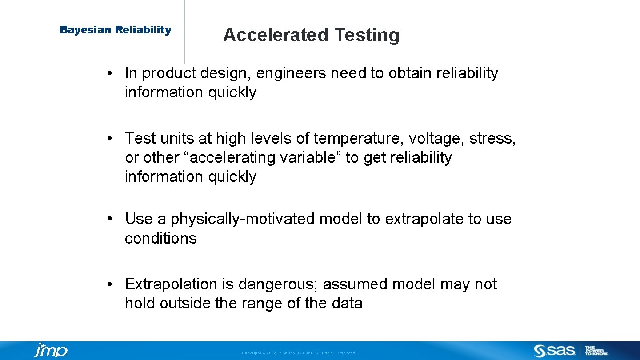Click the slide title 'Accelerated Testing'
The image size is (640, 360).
[311, 35]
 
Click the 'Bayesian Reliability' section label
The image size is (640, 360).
[116, 30]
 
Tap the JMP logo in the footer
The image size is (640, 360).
[51, 351]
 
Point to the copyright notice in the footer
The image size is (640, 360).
[299, 353]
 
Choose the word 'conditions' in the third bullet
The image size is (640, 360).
[160, 238]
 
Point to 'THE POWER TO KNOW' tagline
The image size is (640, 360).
[596, 351]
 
